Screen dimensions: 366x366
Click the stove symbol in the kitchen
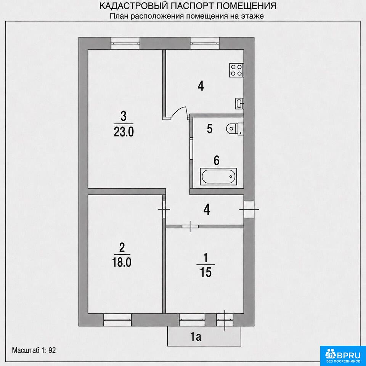[x=236, y=70]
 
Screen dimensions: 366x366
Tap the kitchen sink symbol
[x=239, y=103]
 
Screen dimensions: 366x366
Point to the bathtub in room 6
[x=218, y=177]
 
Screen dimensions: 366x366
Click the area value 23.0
[x=124, y=132]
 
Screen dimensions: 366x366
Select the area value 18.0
[x=122, y=262]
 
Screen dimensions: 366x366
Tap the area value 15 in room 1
[x=205, y=272]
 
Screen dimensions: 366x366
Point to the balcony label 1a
[x=196, y=337]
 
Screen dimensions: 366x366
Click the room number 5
[x=210, y=129]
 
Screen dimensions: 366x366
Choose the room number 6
[x=217, y=161]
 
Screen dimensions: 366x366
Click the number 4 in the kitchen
[x=201, y=86]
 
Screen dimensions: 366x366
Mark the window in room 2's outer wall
[x=117, y=320]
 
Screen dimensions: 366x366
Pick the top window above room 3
[x=125, y=43]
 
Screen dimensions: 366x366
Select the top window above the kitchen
[x=205, y=43]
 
